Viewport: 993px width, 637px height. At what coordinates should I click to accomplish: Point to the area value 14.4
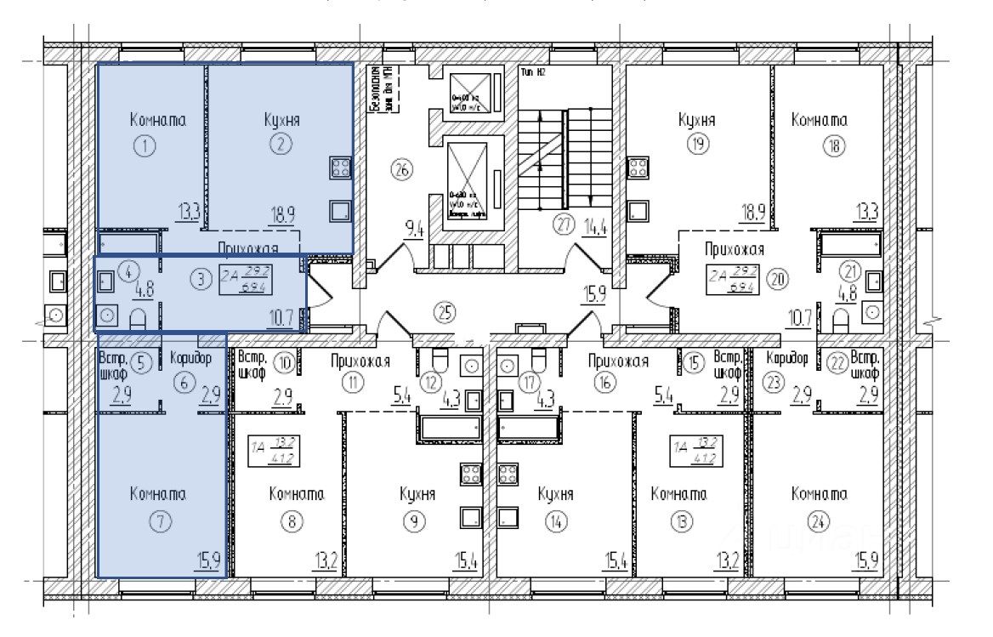[592, 227]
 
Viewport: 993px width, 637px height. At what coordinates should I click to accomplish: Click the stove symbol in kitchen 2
[340, 168]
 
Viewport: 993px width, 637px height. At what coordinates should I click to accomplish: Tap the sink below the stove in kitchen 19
[637, 210]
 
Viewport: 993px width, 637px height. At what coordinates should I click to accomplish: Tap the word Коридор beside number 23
[786, 358]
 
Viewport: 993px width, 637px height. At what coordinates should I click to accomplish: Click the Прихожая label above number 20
[735, 250]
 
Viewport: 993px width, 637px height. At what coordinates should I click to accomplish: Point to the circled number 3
[200, 277]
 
